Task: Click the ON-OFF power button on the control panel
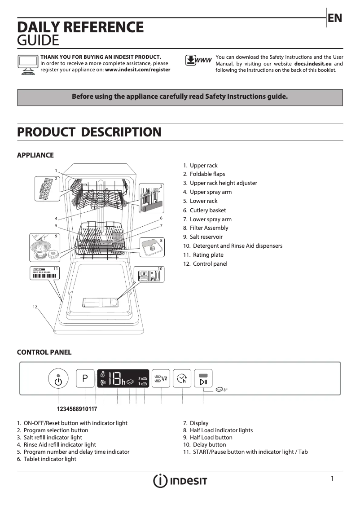pyautogui.click(x=58, y=380)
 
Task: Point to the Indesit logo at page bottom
pyautogui.click(x=180, y=481)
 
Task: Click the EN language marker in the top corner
pyautogui.click(x=334, y=18)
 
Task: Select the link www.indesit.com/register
pyautogui.click(x=137, y=70)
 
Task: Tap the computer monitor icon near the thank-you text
pyautogui.click(x=27, y=64)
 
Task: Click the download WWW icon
pyautogui.click(x=198, y=61)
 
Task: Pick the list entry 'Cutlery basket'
pyautogui.click(x=207, y=210)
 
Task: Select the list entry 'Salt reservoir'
pyautogui.click(x=206, y=237)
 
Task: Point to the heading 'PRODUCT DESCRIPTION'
pyautogui.click(x=89, y=132)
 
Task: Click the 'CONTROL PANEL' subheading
pyautogui.click(x=44, y=352)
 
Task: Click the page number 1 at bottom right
pyautogui.click(x=332, y=478)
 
